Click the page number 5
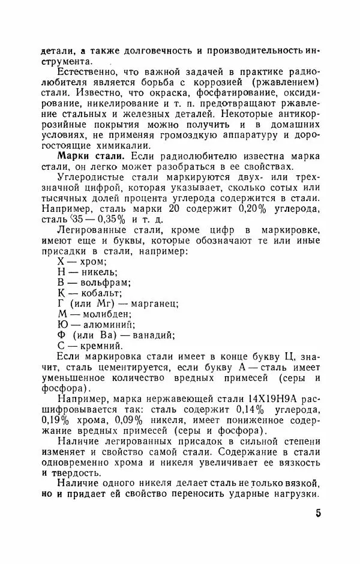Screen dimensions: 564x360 [x=317, y=514]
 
